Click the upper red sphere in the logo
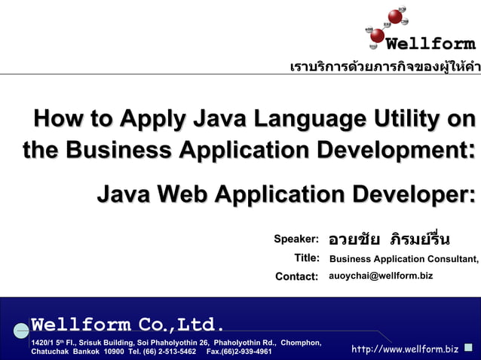click(x=395, y=16)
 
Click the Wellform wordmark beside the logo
click(x=441, y=44)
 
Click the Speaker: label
click(x=296, y=239)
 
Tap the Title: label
click(x=307, y=258)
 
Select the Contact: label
click(x=297, y=276)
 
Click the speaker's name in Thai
click(x=389, y=239)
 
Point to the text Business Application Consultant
click(x=403, y=259)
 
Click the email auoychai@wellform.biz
click(x=381, y=276)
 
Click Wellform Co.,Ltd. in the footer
click(x=127, y=325)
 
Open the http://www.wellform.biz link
click(x=405, y=349)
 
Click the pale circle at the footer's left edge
click(x=21, y=330)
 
